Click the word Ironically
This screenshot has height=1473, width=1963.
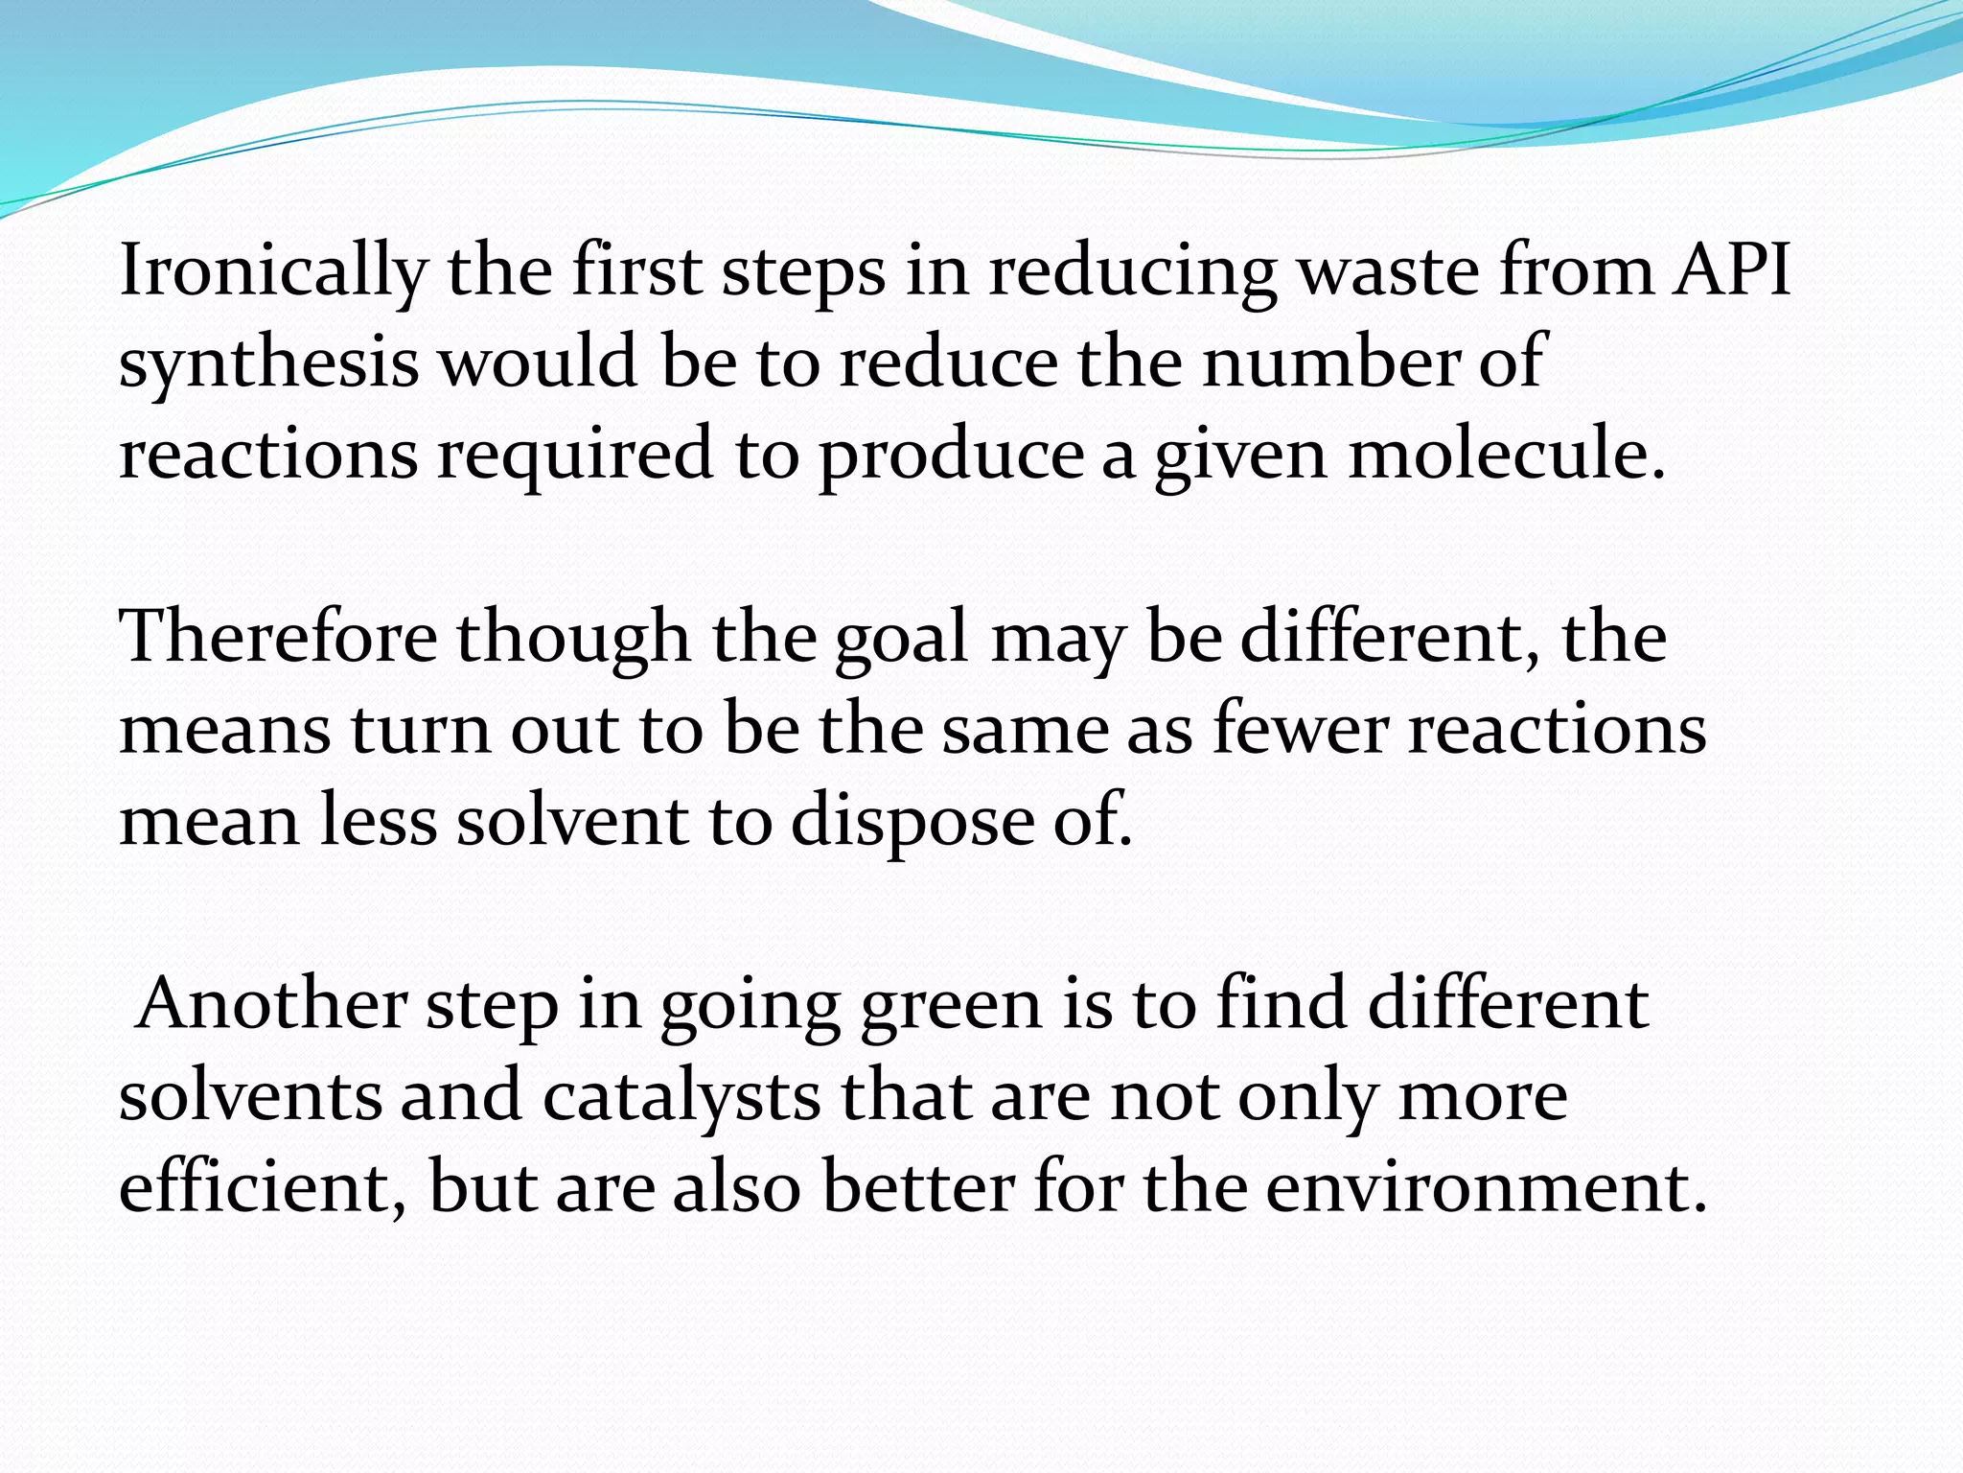pos(272,271)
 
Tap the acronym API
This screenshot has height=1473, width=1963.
pos(1732,269)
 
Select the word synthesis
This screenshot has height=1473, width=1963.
pos(269,363)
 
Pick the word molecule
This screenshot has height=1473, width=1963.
pos(1506,454)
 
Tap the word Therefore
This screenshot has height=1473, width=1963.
pos(278,637)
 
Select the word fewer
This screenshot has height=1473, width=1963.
pos(1300,729)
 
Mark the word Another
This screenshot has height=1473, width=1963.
pos(270,1004)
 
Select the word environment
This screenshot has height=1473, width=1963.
pos(1485,1188)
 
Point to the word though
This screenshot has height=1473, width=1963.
pos(572,639)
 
